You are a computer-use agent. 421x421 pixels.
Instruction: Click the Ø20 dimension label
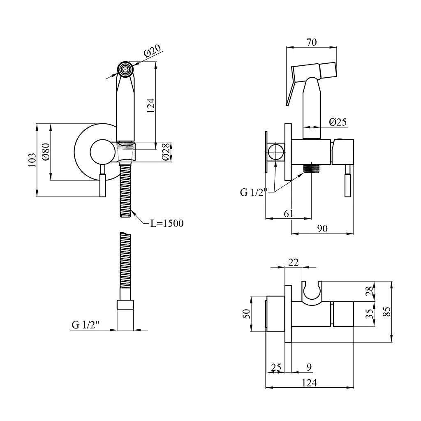point(153,51)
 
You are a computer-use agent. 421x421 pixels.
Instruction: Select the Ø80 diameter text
point(46,152)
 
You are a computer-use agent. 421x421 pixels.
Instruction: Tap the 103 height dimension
point(32,160)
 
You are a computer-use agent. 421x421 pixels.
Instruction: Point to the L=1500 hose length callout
point(167,223)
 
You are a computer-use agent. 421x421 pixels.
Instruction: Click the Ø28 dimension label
point(166,152)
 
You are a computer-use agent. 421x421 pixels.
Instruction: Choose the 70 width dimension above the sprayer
point(312,42)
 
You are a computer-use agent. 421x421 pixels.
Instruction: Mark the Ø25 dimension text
point(338,122)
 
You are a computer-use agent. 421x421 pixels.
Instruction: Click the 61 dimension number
point(289,214)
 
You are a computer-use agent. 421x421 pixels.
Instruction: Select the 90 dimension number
point(322,229)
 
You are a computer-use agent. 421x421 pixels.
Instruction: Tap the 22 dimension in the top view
point(293,262)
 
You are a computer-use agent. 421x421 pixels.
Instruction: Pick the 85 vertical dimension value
point(388,312)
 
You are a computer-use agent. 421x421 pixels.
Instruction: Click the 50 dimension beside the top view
point(247,314)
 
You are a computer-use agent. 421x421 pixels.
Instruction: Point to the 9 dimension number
point(309,367)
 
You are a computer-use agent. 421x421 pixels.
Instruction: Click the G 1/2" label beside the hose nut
point(86,325)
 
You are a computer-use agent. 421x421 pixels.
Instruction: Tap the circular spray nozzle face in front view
point(125,69)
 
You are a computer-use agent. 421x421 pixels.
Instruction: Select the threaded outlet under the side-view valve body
point(311,169)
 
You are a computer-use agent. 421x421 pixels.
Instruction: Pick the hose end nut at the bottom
point(125,305)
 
